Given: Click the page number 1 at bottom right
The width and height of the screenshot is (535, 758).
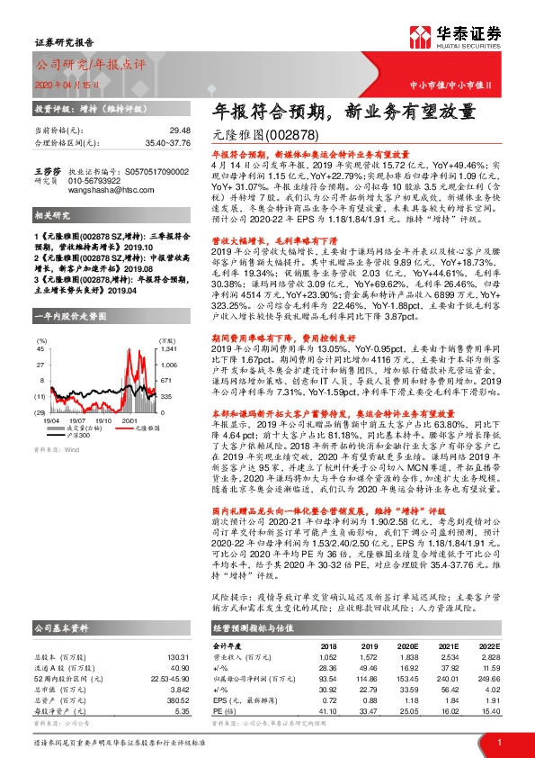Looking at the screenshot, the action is coord(499,741).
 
